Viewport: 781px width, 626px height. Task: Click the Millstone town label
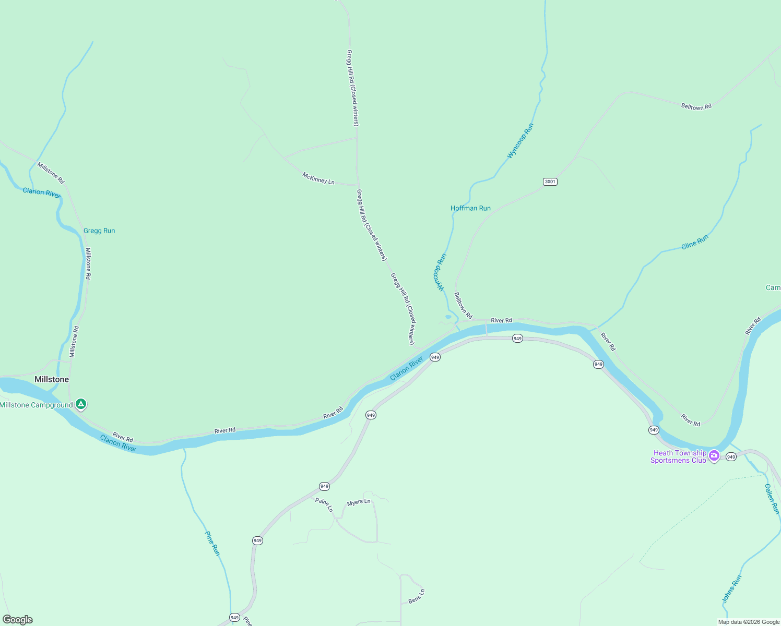tap(52, 379)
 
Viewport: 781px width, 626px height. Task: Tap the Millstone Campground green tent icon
tap(80, 404)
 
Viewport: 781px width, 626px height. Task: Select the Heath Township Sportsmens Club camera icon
tap(714, 456)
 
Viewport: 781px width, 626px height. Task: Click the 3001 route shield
tap(550, 182)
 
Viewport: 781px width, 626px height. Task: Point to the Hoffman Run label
tap(470, 208)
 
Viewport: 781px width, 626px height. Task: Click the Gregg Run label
tap(99, 231)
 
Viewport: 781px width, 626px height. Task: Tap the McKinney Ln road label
tap(318, 178)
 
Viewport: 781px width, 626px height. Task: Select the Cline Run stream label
tap(695, 242)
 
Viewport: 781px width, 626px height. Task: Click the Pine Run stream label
tap(212, 543)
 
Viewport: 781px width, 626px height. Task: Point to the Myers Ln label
tap(359, 502)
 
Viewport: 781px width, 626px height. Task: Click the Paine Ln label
tap(324, 504)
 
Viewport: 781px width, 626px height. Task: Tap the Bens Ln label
tap(417, 596)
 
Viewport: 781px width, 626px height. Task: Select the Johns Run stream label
tap(731, 589)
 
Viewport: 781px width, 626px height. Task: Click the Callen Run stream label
tap(772, 499)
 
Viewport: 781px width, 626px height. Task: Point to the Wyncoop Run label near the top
tap(520, 141)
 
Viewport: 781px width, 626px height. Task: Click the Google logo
tap(18, 620)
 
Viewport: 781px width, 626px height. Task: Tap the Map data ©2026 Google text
tap(749, 622)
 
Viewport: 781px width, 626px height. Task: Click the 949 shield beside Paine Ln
tap(324, 486)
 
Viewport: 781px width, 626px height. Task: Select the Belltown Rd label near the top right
tap(696, 107)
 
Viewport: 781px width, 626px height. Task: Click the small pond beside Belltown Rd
tap(448, 317)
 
